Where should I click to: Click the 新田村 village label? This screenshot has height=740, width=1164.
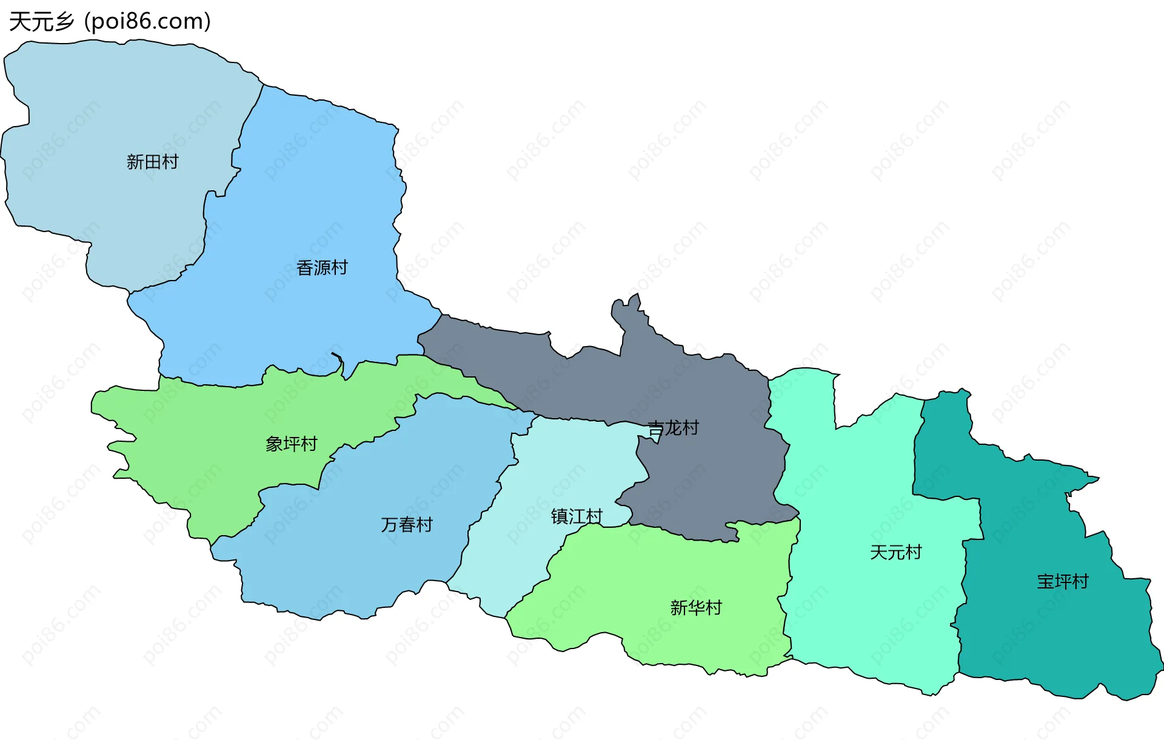coord(152,162)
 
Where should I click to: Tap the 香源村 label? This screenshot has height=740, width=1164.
coord(322,267)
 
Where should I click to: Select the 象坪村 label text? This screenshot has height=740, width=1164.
coord(291,444)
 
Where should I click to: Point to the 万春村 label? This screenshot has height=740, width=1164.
coord(407,524)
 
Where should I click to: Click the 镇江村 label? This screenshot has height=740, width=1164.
coord(577,516)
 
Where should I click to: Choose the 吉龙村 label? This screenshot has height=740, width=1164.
coord(673,428)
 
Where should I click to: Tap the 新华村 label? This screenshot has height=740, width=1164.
coord(696,607)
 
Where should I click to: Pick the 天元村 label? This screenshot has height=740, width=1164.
coord(895,552)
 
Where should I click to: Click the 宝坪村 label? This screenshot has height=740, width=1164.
coord(1063,582)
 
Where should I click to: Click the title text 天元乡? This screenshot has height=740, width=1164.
coord(41,22)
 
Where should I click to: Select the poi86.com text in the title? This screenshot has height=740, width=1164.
coord(148,22)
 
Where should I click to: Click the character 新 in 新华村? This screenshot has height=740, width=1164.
coord(679,607)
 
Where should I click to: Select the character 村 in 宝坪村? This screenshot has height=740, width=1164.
coord(1080,582)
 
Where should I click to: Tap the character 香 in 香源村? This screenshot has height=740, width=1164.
coord(305,267)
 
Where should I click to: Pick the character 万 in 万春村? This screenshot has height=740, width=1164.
coord(389,524)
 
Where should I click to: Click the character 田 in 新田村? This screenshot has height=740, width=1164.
coord(152,162)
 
